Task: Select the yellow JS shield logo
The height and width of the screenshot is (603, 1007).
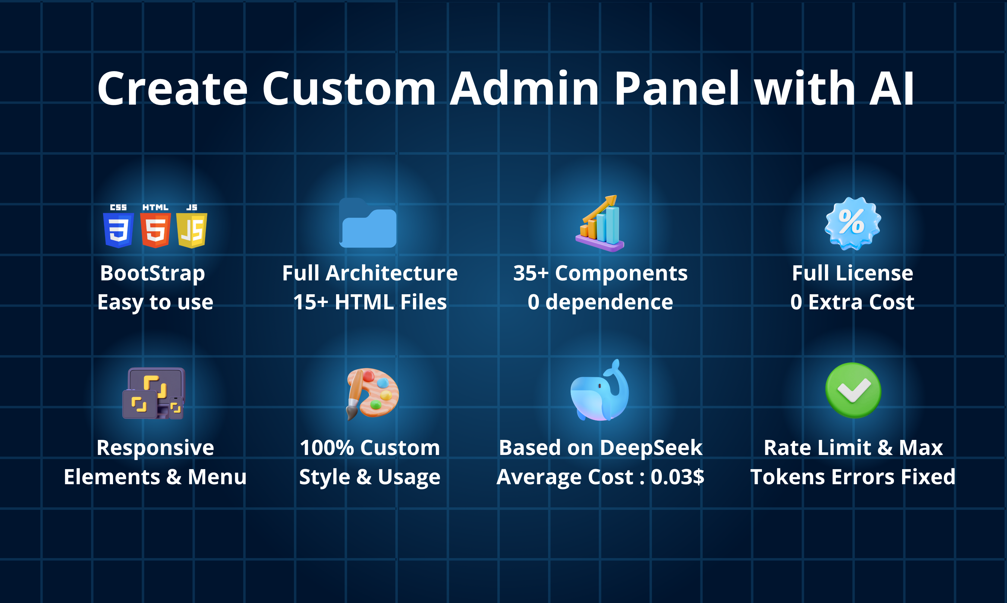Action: click(192, 230)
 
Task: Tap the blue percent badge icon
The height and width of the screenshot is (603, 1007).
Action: click(853, 223)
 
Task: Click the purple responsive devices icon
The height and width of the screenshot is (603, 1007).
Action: click(154, 393)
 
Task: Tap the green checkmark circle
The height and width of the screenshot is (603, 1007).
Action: click(853, 390)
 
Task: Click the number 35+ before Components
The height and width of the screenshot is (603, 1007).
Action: click(530, 273)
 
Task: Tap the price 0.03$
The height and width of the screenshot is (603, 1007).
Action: click(677, 477)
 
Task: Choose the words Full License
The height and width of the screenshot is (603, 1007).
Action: click(852, 273)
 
